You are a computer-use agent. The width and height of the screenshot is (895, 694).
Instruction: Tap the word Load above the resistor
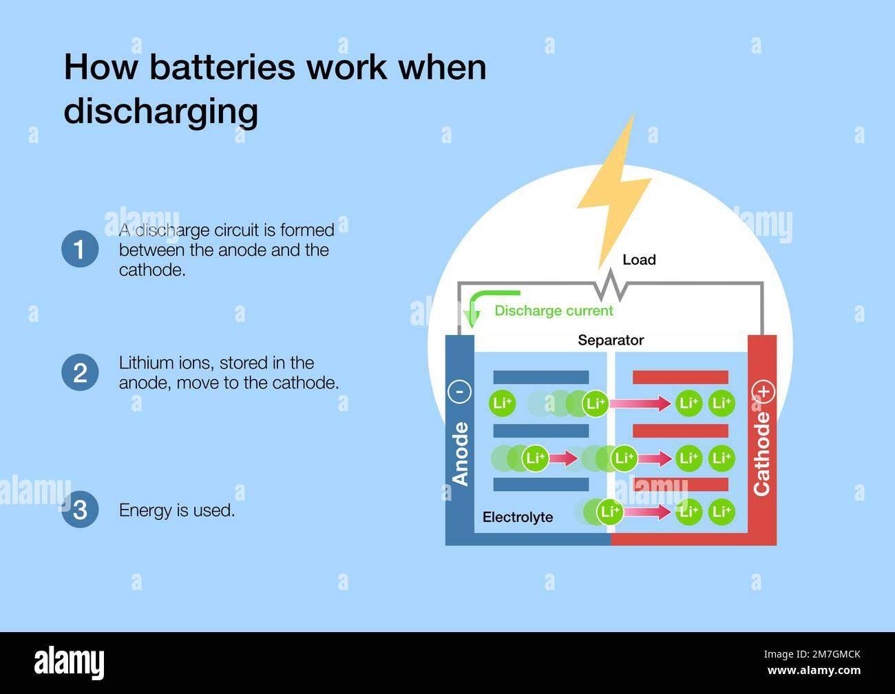coord(639,260)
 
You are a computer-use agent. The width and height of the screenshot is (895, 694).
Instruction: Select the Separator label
coord(611,340)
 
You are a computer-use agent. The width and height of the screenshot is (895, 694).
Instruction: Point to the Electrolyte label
coord(518,517)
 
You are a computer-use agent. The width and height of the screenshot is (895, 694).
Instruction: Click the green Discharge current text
coord(554,311)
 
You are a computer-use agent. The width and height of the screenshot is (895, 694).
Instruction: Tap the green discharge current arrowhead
coord(472,319)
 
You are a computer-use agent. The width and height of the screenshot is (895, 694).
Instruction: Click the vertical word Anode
coord(460,454)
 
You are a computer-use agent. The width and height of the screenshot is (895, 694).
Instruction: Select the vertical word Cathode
coord(761,454)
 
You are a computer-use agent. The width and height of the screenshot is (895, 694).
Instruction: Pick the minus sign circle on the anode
coord(459,391)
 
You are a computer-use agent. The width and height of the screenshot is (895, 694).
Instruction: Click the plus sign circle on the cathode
coord(764,391)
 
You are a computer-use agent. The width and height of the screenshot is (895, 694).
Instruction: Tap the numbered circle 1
coord(80,249)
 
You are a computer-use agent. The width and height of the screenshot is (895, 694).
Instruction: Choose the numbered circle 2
coord(80,373)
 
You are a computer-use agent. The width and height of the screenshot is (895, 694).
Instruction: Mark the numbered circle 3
coord(80,510)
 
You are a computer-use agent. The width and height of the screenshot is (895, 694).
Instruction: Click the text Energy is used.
coord(177,510)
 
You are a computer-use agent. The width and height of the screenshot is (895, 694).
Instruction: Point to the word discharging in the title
coord(161,111)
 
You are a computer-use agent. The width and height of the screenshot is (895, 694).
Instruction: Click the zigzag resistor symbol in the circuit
coord(610,285)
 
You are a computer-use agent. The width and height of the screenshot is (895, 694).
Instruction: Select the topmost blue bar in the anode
coord(541,377)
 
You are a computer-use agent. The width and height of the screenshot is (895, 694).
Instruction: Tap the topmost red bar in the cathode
coord(680,377)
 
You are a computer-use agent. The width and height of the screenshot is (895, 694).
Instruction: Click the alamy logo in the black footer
coord(70,663)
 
